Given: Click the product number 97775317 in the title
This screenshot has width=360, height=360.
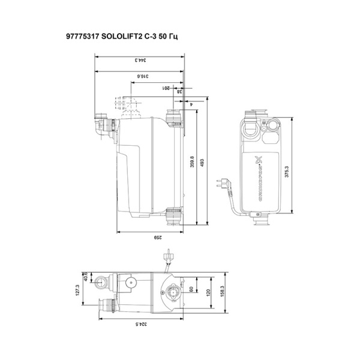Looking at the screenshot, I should coord(85,37).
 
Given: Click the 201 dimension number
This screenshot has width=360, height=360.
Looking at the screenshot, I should coord(167,88).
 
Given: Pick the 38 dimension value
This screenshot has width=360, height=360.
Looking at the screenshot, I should coord(179,91).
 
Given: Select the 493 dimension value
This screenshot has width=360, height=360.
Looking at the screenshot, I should coord(202,166).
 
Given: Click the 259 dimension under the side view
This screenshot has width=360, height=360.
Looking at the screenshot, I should coord(157,238).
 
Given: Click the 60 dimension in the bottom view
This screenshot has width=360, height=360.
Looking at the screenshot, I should coord(191,290).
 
